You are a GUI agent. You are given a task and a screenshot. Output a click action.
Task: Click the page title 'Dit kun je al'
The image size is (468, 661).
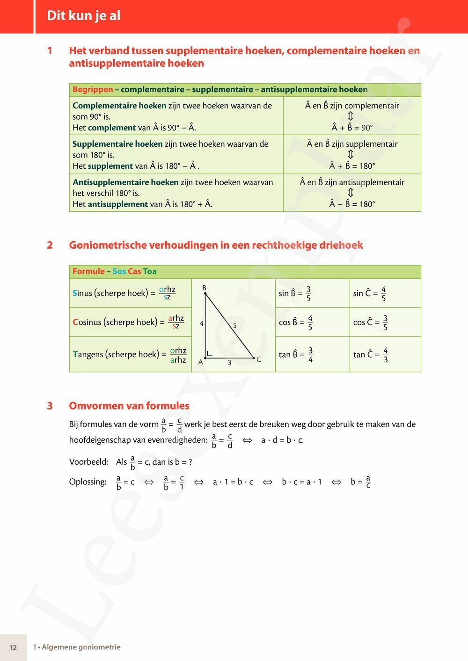(x=83, y=16)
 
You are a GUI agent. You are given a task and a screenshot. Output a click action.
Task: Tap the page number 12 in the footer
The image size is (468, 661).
(x=13, y=647)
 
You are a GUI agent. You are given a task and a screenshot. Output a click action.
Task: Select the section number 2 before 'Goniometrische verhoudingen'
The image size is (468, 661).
(x=50, y=245)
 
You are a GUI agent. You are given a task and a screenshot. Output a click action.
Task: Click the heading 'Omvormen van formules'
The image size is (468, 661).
(x=129, y=406)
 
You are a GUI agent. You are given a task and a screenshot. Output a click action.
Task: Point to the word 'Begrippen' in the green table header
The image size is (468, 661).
(x=93, y=89)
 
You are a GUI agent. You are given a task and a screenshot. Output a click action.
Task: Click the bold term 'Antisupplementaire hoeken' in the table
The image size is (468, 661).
(x=125, y=182)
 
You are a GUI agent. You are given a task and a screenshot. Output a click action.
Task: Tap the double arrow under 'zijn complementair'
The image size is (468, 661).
(x=351, y=116)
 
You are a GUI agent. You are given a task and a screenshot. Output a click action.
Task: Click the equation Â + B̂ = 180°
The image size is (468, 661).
(x=352, y=166)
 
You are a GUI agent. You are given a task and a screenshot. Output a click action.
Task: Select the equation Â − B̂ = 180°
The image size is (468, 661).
(x=352, y=204)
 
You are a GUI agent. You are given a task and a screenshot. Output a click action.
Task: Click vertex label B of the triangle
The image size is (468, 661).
(x=204, y=288)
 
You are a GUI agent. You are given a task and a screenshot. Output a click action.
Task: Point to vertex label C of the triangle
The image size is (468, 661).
(x=258, y=359)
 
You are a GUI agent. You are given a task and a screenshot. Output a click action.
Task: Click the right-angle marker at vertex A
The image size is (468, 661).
(x=209, y=354)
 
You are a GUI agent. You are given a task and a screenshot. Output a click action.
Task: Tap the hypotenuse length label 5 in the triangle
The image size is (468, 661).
(x=234, y=325)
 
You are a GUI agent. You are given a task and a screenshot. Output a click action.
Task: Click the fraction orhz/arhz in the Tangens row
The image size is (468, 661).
(x=178, y=355)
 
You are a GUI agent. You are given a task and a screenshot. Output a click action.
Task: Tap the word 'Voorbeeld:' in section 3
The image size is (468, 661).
(x=88, y=462)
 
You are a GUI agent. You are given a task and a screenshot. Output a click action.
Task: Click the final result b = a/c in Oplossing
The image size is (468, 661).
(x=360, y=482)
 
